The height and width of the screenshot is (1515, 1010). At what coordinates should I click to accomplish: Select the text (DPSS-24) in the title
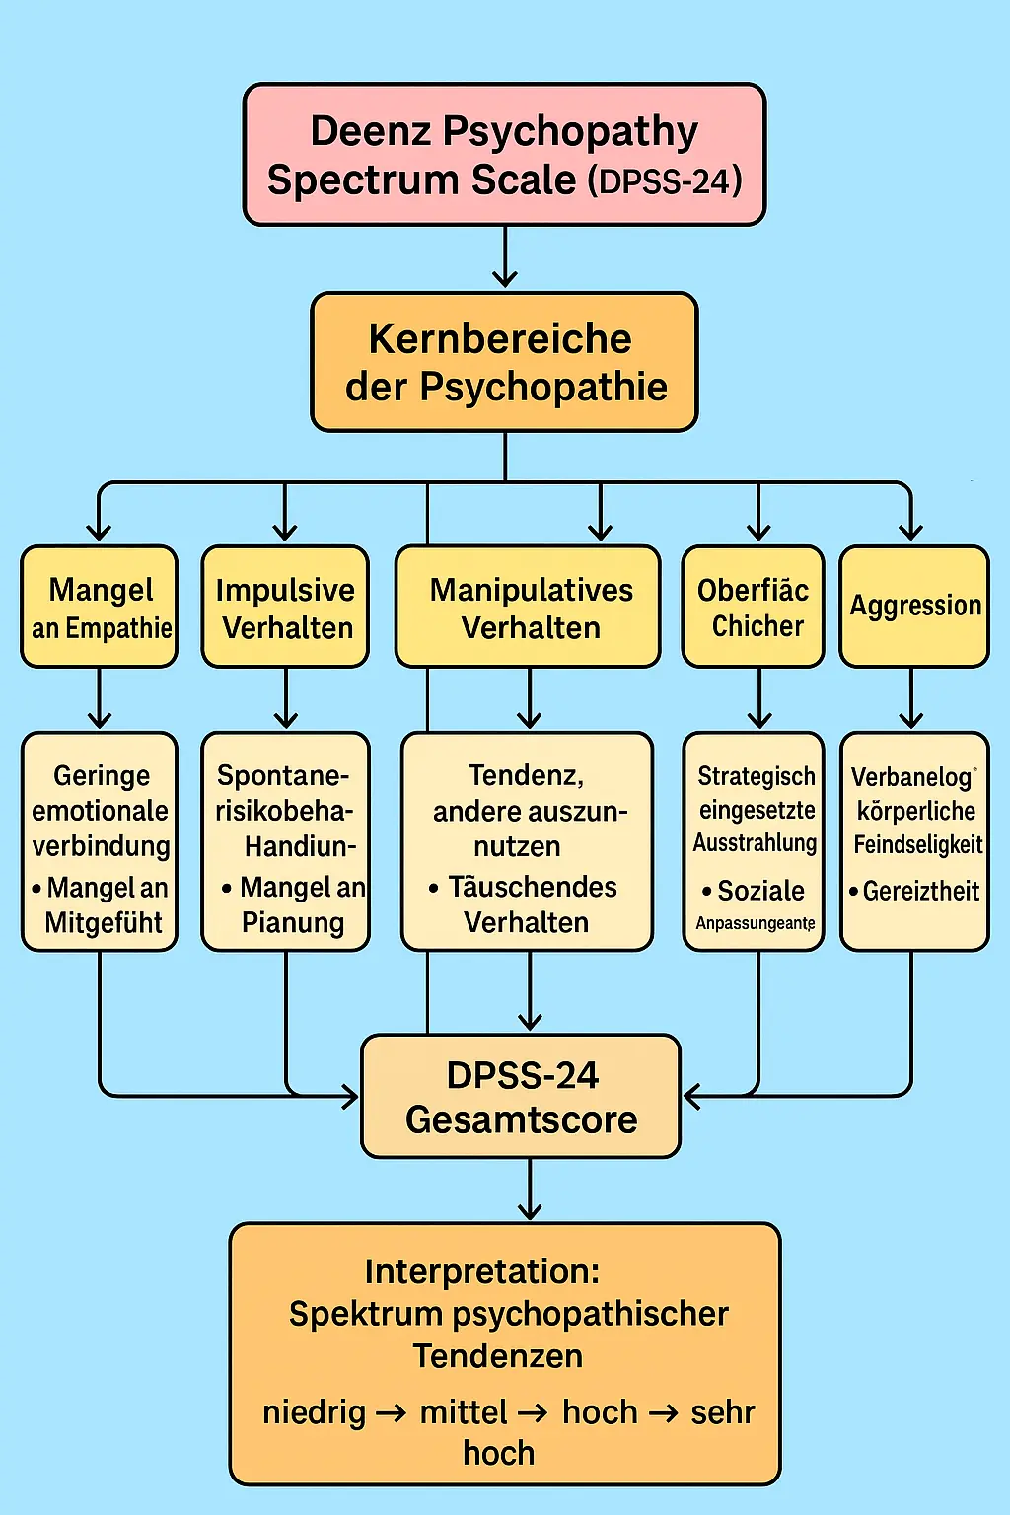pos(665,182)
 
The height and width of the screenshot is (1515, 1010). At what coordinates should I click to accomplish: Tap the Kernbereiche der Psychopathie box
pos(504,362)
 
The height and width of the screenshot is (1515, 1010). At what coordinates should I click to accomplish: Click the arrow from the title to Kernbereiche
pos(505,258)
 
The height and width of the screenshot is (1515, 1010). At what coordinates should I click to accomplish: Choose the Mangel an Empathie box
pos(100,607)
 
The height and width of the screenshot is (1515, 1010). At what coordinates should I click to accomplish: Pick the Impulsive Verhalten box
pos(285,607)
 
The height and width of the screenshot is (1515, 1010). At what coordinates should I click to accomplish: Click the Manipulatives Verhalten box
pos(529,607)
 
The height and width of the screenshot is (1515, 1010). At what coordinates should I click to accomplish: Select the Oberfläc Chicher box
pos(754,607)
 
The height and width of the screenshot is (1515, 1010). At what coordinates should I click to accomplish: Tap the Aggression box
pos(914,606)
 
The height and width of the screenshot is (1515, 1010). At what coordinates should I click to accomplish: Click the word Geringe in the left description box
pos(102,776)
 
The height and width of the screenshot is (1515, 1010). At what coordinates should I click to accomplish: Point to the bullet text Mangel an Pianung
pos(293,904)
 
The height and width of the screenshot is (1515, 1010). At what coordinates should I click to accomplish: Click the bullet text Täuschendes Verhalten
pos(528,904)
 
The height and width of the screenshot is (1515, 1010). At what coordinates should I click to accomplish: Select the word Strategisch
pos(757,777)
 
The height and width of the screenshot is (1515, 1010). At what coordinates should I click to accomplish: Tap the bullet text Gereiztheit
pos(920,892)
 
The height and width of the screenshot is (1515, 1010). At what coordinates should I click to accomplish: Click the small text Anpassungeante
pos(756,924)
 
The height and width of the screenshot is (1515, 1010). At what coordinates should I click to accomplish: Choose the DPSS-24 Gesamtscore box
pos(521,1097)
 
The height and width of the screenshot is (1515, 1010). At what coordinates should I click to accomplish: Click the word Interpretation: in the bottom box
pos(481,1272)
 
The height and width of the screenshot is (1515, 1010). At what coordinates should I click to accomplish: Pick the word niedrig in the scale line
pos(314,1413)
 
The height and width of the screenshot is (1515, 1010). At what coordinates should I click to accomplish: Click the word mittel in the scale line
pos(463,1413)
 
